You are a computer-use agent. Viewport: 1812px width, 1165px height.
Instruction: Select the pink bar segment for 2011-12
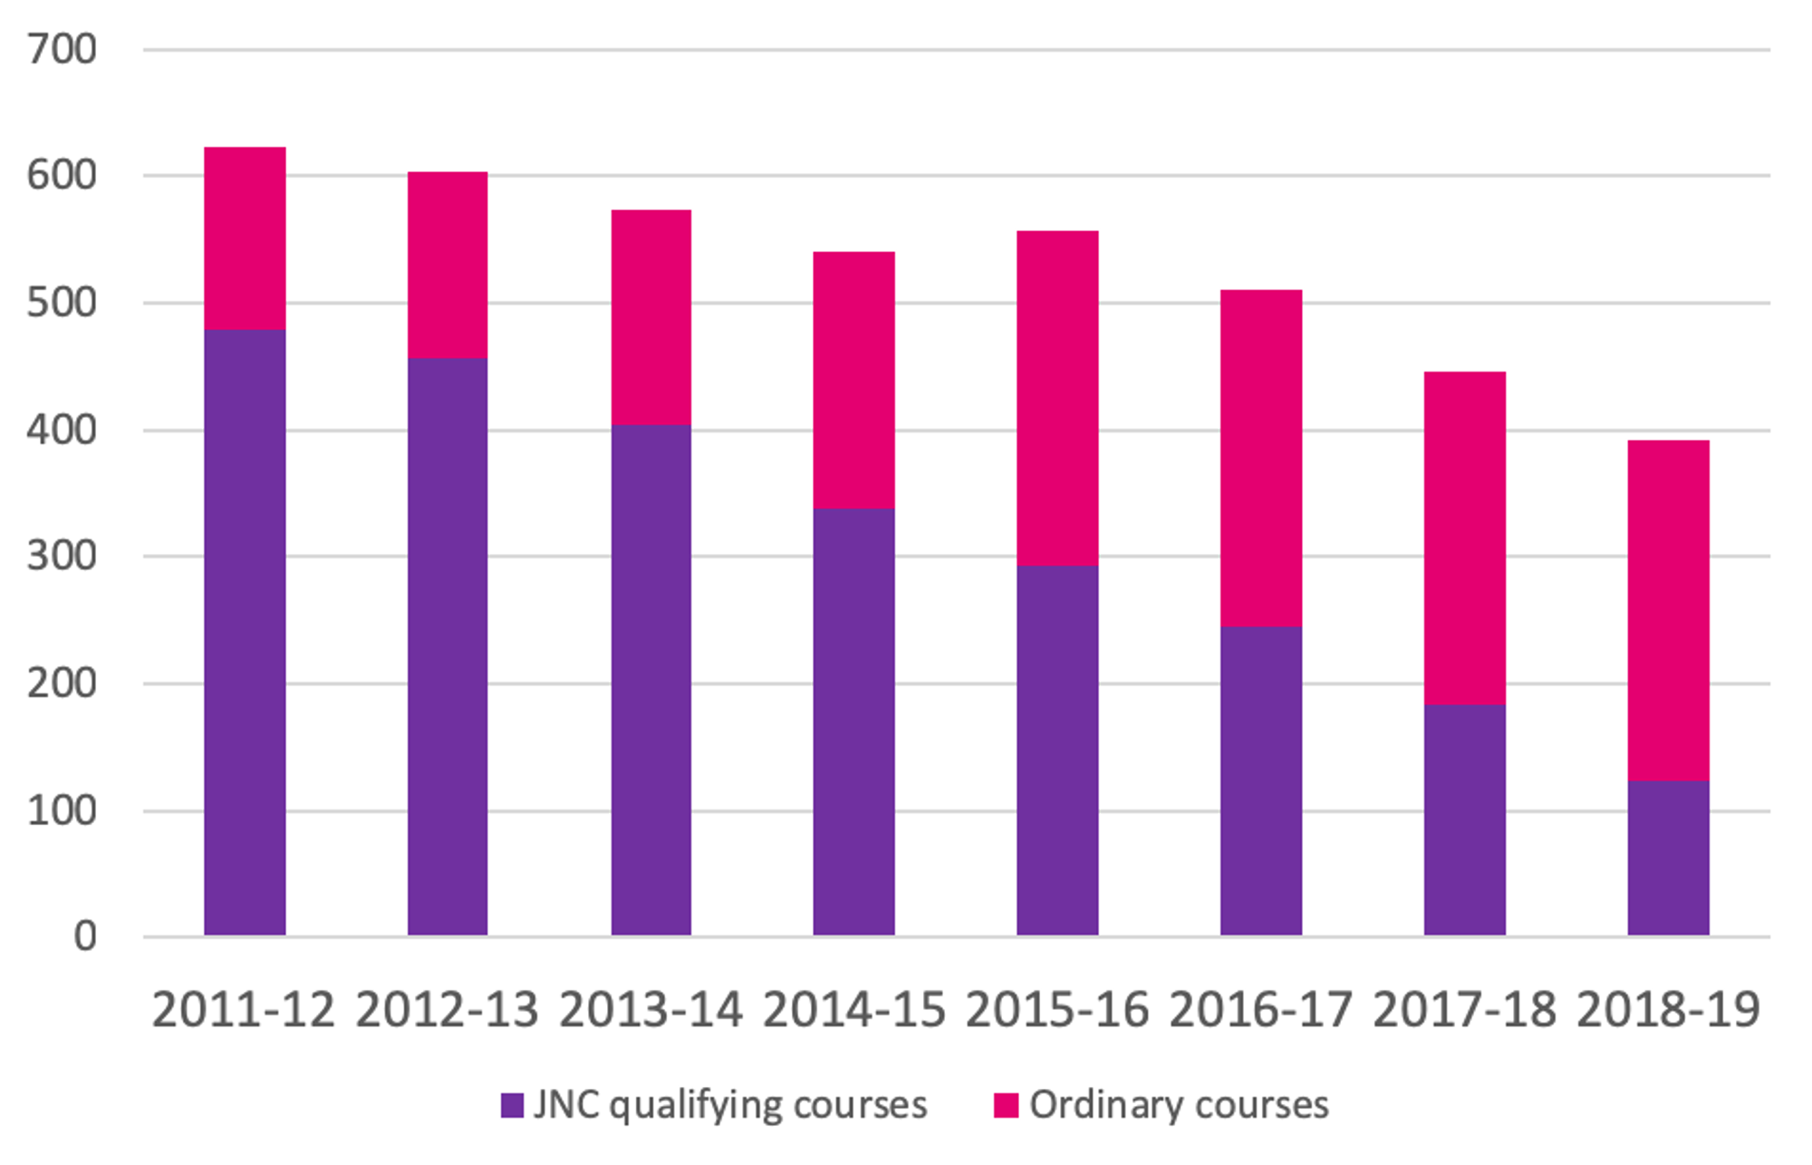point(245,238)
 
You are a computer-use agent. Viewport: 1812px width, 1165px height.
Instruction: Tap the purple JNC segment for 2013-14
point(651,680)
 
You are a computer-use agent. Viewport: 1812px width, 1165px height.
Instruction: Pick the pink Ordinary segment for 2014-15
point(853,380)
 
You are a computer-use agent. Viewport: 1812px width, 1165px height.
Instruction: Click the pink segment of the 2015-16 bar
point(1057,398)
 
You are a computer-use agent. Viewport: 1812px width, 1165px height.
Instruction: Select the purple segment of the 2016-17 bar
point(1260,781)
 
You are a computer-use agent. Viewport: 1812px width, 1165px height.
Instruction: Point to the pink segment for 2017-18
point(1464,538)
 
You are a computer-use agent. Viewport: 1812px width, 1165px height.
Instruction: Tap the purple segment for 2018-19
point(1668,858)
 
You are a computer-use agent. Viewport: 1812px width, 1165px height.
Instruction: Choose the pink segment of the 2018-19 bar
point(1668,610)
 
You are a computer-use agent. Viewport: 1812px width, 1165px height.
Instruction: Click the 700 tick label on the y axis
point(62,50)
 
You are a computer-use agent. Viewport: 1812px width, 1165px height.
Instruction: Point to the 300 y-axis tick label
point(62,556)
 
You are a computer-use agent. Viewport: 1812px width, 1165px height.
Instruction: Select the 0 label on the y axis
point(85,937)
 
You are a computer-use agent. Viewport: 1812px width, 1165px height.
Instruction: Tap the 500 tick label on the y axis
point(62,303)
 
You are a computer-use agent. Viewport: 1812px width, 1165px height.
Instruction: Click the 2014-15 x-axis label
point(853,1009)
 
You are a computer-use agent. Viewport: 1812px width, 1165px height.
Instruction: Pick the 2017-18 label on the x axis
point(1464,1009)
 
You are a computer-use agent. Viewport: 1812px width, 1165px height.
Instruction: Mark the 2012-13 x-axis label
point(448,1009)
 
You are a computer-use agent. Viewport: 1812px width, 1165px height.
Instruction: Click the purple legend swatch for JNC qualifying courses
point(512,1105)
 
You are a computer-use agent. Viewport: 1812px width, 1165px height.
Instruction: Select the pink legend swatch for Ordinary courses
point(1006,1105)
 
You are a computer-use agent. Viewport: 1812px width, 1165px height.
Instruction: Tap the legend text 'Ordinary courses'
point(1179,1105)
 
